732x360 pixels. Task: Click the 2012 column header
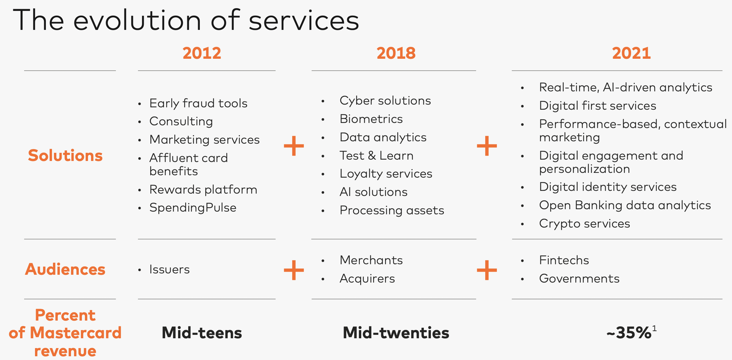[202, 53]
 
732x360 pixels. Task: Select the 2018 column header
[396, 53]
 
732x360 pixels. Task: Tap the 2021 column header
[631, 53]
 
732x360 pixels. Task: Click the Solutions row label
[65, 156]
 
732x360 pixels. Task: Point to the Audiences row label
[65, 269]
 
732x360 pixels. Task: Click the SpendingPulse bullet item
[193, 208]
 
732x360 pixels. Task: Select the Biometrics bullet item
[371, 119]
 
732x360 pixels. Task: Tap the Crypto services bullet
[585, 223]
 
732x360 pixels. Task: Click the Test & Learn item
[377, 156]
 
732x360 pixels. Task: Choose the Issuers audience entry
[170, 269]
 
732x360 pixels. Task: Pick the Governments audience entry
[579, 278]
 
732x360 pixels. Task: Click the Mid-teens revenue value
[202, 333]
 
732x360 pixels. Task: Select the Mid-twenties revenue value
[396, 333]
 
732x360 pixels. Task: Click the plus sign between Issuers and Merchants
[294, 270]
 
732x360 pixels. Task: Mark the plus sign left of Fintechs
[487, 270]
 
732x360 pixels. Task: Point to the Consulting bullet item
[181, 121]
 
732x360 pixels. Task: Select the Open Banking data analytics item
[625, 205]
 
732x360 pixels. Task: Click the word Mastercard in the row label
[76, 333]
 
